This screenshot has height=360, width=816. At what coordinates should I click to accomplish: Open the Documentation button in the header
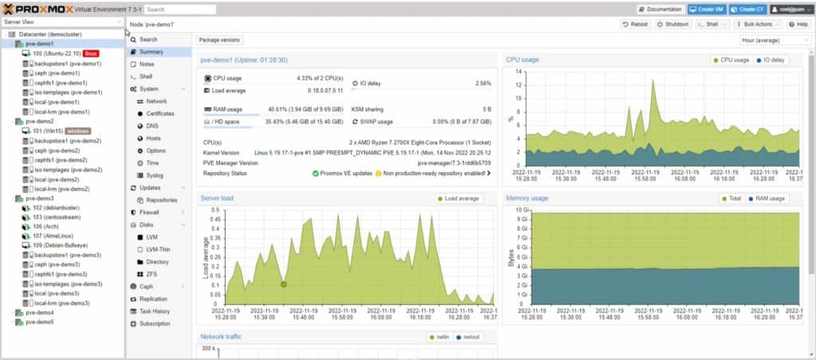pos(660,10)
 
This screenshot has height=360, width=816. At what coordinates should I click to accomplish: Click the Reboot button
pos(636,25)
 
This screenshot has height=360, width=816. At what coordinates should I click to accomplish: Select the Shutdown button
pos(673,25)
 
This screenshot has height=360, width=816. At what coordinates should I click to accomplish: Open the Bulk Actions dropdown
pos(754,25)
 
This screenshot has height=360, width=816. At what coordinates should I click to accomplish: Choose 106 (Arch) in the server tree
pos(46,226)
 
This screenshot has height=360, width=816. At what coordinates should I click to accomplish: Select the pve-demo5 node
pos(39,323)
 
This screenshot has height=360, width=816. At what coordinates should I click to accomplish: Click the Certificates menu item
pos(159,114)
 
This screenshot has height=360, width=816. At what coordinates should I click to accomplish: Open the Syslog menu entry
pos(155,174)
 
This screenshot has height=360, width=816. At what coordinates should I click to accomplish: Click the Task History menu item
pos(155,311)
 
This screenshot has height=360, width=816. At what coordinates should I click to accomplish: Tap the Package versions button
pos(219,39)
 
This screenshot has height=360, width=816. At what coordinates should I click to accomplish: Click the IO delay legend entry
pos(771,60)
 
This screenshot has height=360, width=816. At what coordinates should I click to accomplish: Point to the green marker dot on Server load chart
pos(283,284)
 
